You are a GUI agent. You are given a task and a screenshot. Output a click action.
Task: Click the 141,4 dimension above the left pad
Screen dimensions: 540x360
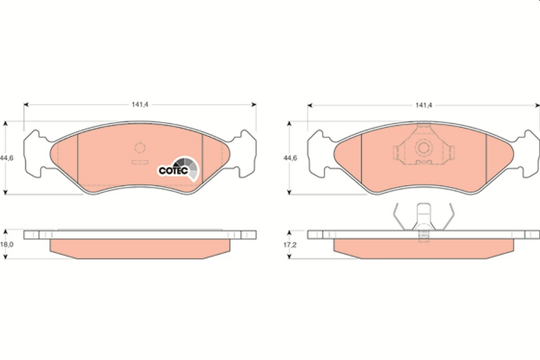pos(140,105)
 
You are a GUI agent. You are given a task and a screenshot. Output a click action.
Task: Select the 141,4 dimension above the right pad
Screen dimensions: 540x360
pos(423,105)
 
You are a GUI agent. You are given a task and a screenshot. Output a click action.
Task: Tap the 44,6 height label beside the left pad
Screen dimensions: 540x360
pos(7,158)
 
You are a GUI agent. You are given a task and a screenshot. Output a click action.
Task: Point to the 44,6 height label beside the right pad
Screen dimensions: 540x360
pos(290,158)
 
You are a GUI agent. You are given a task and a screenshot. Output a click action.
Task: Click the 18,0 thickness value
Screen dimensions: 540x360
pos(7,244)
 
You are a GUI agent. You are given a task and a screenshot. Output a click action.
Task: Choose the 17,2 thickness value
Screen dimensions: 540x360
pos(290,245)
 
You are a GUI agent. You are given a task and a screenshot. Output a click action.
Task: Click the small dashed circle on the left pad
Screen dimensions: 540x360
pos(140,148)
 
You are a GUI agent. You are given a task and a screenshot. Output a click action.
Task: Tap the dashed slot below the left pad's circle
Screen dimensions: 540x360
pos(140,162)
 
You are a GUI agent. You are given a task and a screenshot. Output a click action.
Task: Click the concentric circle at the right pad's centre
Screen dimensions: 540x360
pos(423,148)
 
